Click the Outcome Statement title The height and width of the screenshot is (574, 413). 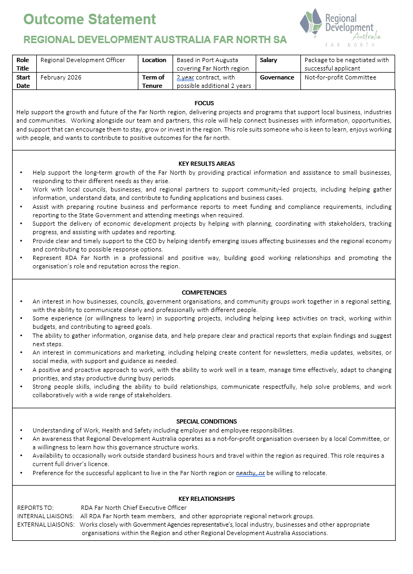click(90, 19)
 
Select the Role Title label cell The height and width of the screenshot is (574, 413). click(23, 64)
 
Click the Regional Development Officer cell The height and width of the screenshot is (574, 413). click(83, 60)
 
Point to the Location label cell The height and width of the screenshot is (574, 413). click(154, 60)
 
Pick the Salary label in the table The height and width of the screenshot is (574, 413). click(268, 60)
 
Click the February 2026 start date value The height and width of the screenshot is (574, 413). click(62, 77)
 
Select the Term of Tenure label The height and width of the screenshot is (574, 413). click(153, 82)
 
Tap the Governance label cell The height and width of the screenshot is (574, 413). click(277, 77)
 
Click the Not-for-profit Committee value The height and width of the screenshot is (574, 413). click(340, 77)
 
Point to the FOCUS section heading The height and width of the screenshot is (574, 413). click(204, 103)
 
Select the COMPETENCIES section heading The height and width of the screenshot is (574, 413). click(204, 293)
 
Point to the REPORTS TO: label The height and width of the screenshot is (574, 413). click(35, 508)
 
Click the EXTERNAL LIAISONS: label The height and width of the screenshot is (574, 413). click(45, 525)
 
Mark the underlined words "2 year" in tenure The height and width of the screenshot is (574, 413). click(185, 77)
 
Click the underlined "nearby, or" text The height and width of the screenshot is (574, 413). click(250, 473)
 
